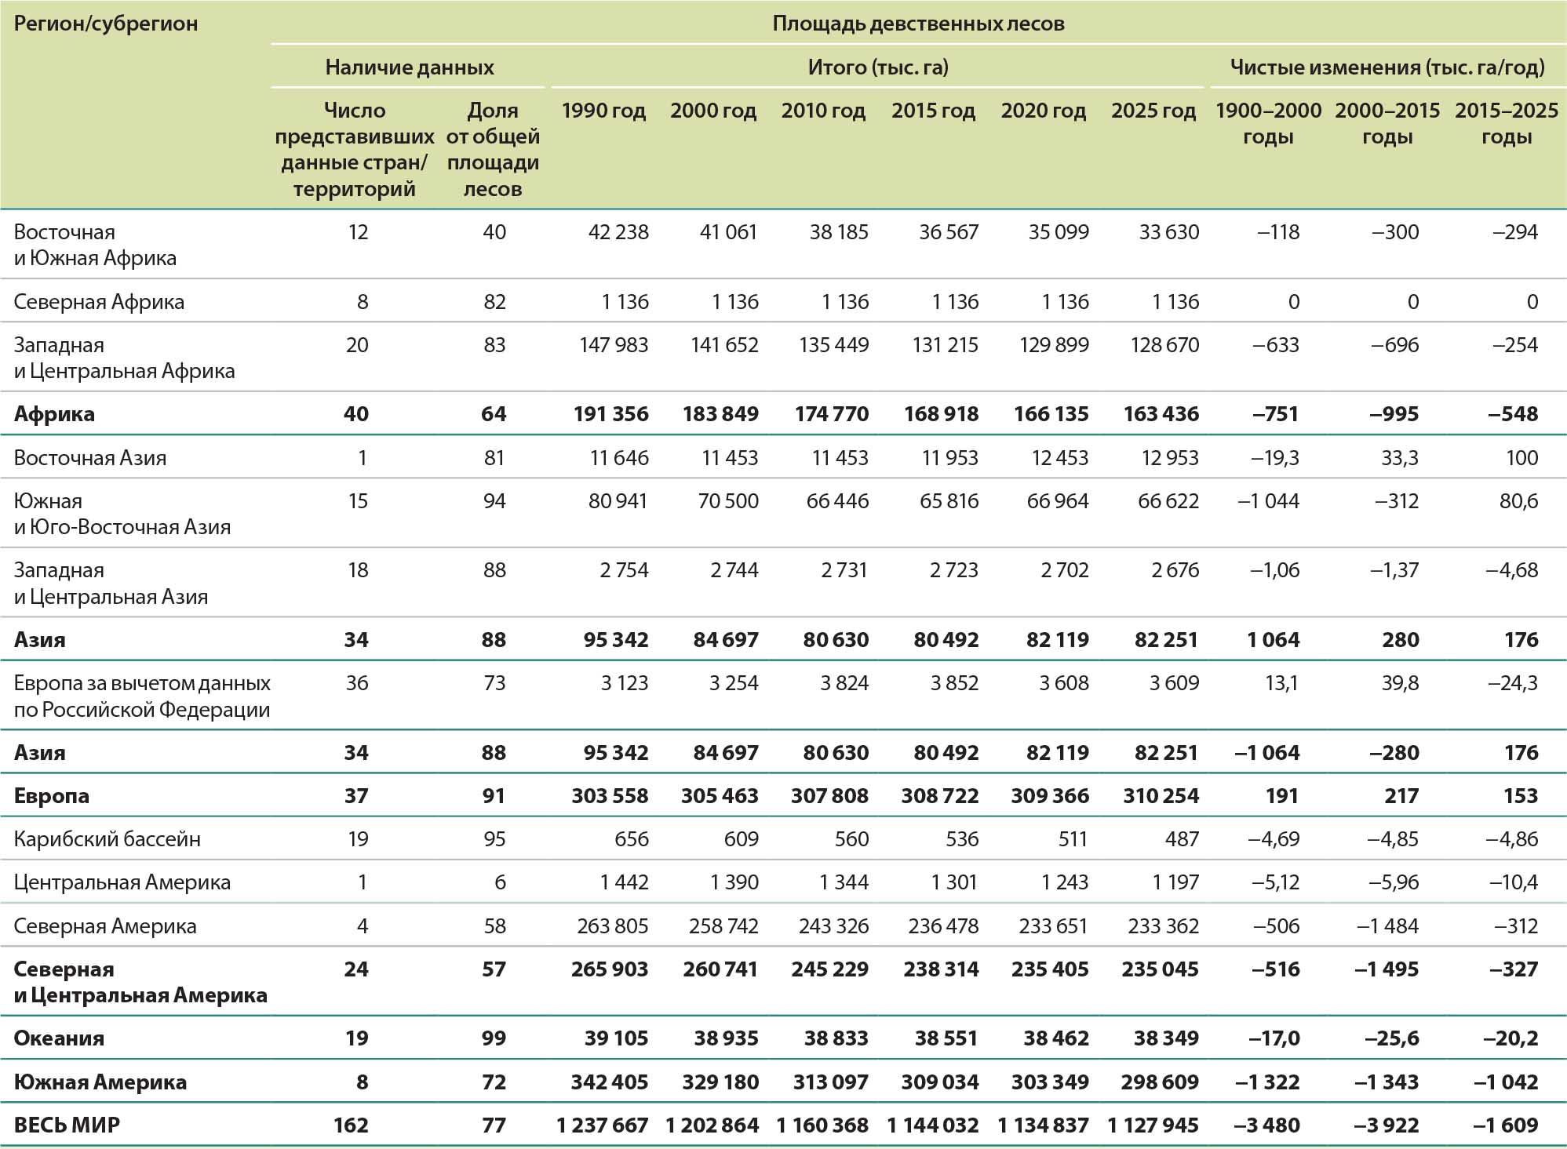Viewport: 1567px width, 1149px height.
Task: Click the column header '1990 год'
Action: click(x=603, y=111)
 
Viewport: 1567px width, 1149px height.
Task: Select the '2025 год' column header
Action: click(x=1153, y=111)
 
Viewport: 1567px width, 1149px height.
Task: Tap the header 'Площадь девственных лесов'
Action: click(x=918, y=24)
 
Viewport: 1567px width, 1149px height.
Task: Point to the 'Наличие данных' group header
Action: click(x=410, y=67)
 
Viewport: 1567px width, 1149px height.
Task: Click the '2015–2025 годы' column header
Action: click(x=1506, y=123)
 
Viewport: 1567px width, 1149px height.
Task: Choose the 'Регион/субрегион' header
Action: click(x=106, y=24)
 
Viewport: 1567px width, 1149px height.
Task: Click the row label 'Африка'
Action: click(x=54, y=414)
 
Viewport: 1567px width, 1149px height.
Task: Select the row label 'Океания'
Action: click(x=59, y=1038)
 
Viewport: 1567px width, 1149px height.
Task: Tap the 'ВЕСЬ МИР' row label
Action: click(x=67, y=1125)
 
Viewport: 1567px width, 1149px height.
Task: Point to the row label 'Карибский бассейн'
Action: click(x=108, y=839)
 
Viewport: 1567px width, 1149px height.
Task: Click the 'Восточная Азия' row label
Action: click(x=90, y=458)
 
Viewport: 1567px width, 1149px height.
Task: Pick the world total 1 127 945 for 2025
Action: click(x=1153, y=1125)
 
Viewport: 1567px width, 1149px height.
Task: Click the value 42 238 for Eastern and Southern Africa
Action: click(x=618, y=232)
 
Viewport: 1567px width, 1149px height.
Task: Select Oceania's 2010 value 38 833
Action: click(x=836, y=1038)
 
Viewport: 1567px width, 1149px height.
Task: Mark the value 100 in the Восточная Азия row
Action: click(x=1521, y=458)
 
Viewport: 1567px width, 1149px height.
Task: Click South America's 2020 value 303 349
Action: click(x=1050, y=1082)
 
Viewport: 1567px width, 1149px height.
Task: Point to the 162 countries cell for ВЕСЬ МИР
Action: click(x=350, y=1125)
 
